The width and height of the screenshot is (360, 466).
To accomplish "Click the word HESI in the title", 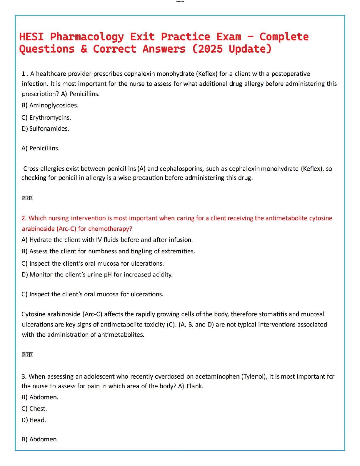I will pos(31,37).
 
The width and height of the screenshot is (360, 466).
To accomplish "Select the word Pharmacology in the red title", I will pos(87,37).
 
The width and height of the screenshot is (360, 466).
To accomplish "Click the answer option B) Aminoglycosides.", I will pos(50,105).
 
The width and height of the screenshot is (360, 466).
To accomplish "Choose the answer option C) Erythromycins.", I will pos(46,118).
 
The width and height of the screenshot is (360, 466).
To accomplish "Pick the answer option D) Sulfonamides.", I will pos(45,129).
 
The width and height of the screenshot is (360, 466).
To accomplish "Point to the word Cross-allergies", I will pos(44,169).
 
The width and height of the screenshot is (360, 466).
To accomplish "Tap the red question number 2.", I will pos(24,218).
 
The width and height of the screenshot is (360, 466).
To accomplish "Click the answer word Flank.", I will pos(195,386).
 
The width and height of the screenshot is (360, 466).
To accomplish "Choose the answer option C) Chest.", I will pos(34,409).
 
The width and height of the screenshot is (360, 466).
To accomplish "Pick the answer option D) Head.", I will pos(34,420).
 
